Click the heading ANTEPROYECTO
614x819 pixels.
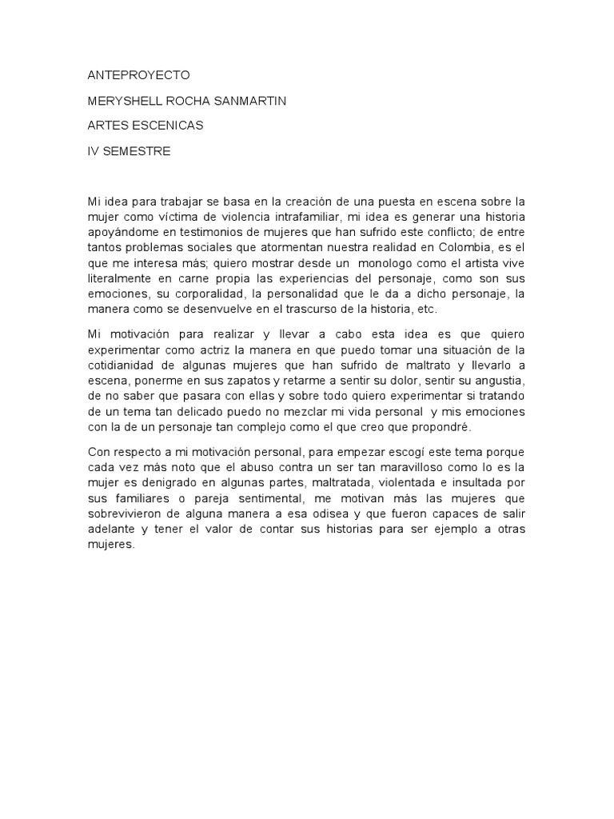pos(138,75)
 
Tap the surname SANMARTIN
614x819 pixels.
pos(250,101)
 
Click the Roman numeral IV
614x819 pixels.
pos(94,151)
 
